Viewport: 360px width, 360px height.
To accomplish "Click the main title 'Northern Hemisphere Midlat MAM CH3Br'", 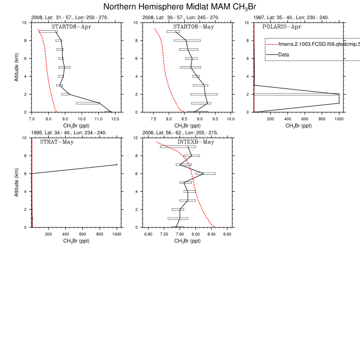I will (179, 7).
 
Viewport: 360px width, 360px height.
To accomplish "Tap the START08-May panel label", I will (193, 26).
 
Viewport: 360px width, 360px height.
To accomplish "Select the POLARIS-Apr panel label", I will (282, 26).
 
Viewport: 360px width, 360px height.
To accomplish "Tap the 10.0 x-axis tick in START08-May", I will (230, 119).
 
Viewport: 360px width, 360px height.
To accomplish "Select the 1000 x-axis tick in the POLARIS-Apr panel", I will (339, 119).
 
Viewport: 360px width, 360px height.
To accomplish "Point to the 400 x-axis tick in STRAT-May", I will (65, 234).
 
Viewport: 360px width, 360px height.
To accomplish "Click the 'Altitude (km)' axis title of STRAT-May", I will (17, 182).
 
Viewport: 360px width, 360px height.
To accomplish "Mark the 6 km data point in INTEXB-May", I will (204, 174).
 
